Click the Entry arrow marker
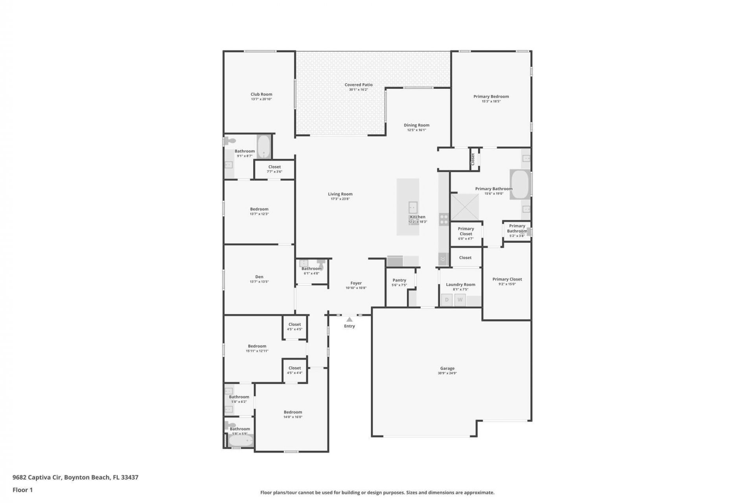[x=349, y=319]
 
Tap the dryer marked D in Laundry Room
[x=447, y=300]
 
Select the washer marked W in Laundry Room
[x=460, y=300]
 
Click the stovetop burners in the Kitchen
[x=444, y=219]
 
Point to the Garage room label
[x=447, y=368]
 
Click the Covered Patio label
[x=358, y=84]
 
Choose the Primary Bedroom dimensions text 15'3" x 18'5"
[x=491, y=101]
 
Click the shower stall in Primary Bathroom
[x=464, y=207]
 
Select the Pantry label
[x=399, y=280]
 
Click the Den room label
[x=259, y=277]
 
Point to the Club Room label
[x=261, y=94]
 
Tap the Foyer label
[x=356, y=283]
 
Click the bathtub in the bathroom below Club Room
[x=264, y=147]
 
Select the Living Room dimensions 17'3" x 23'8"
[x=340, y=199]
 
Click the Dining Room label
[x=416, y=125]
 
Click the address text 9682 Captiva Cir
[x=37, y=477]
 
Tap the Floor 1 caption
[x=22, y=490]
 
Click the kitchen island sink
[x=412, y=207]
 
